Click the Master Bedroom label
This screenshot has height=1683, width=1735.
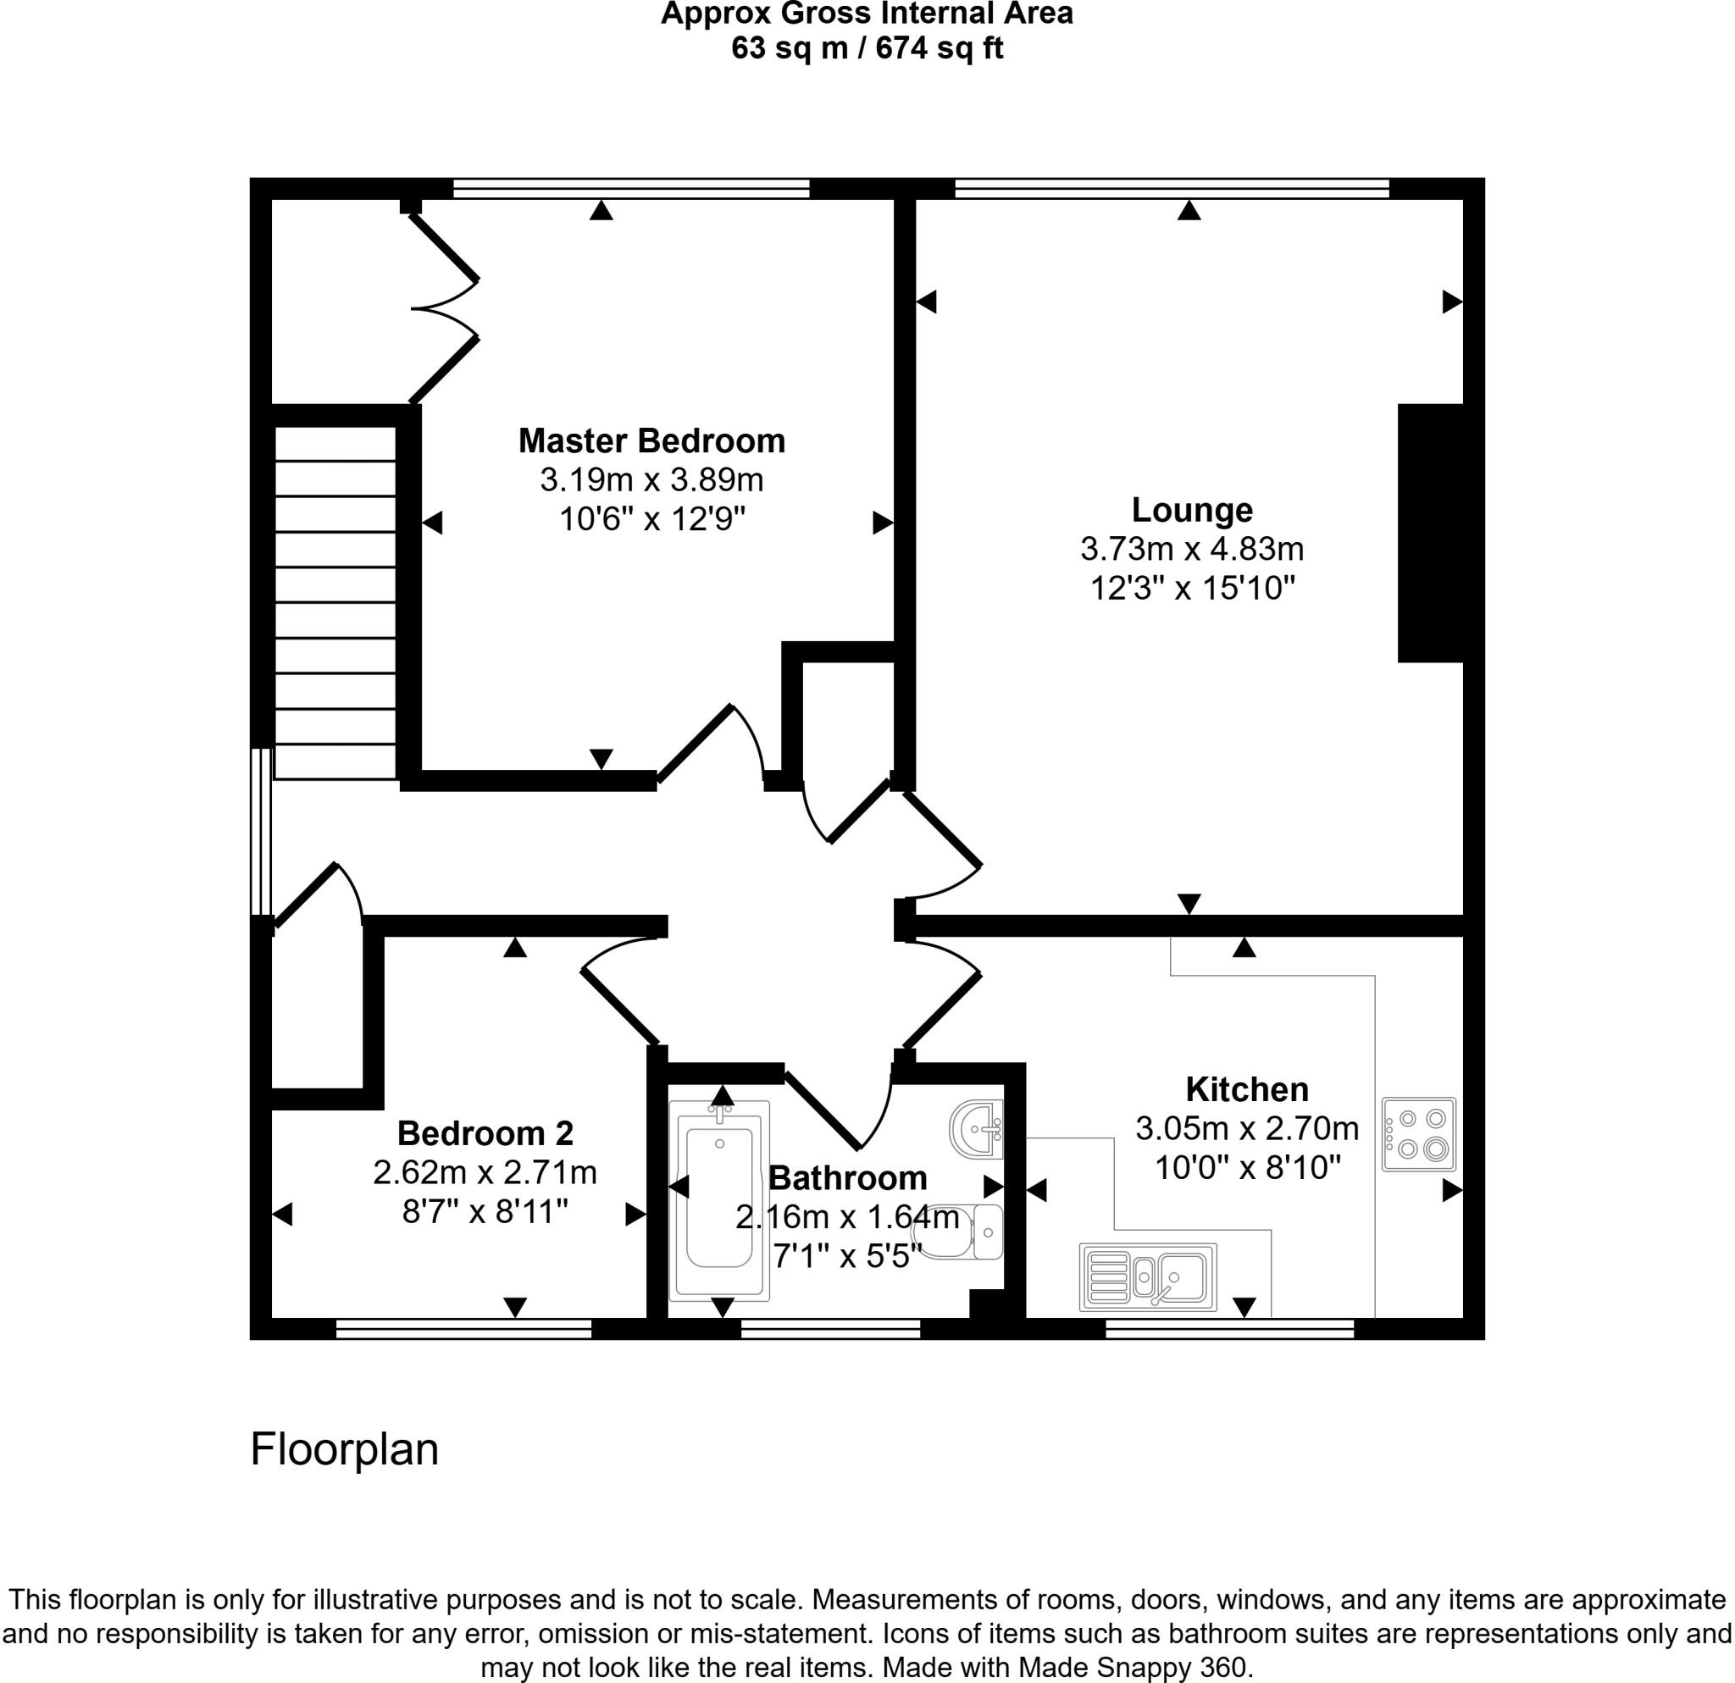[651, 440]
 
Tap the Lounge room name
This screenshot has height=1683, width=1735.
[1191, 510]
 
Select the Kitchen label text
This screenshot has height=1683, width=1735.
[1246, 1088]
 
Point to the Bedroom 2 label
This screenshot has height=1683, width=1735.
[485, 1132]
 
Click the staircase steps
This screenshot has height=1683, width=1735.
[335, 601]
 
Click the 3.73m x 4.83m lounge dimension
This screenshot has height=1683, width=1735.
[1191, 550]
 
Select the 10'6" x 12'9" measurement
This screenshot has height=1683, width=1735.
[651, 518]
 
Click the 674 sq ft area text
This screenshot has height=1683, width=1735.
[940, 47]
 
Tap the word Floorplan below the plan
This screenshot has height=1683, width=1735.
[344, 1450]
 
